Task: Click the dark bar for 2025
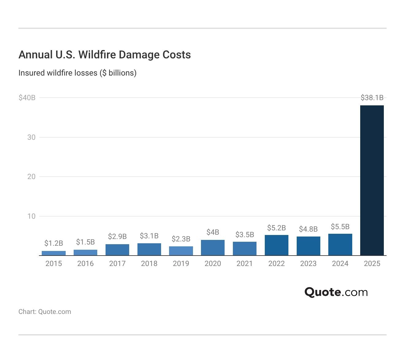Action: [x=372, y=180]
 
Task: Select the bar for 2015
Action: [x=54, y=253]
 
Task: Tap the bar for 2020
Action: [x=213, y=248]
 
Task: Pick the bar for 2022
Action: [x=276, y=245]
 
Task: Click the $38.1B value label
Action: [x=372, y=98]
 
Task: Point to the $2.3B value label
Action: [x=181, y=239]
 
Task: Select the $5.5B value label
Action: [x=340, y=227]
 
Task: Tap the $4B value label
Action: [x=213, y=232]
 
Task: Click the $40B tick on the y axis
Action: [x=27, y=98]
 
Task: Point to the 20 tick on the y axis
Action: [x=31, y=177]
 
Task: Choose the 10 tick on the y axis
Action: [x=31, y=216]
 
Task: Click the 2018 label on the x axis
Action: [x=149, y=264]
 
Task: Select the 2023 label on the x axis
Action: [x=308, y=264]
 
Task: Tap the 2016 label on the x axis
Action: [x=85, y=264]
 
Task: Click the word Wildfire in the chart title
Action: [x=97, y=55]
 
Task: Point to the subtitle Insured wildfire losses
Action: [x=77, y=73]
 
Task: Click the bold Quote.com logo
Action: [x=336, y=292]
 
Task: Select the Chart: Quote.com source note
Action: [x=45, y=311]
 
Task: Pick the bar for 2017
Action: [x=117, y=250]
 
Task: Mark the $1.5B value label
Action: [x=85, y=242]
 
